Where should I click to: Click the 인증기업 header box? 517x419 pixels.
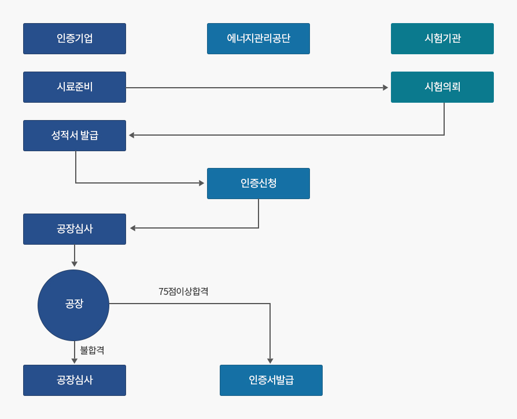point(75,39)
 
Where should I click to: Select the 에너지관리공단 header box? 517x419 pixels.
point(258,39)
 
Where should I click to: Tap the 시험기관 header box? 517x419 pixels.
point(442,39)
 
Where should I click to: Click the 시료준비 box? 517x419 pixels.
point(75,87)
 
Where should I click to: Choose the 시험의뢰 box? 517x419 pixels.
point(442,87)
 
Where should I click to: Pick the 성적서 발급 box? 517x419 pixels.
point(75,136)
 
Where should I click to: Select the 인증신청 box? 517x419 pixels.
point(258,184)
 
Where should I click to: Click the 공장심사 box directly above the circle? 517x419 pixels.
point(75,229)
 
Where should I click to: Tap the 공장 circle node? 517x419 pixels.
point(73,305)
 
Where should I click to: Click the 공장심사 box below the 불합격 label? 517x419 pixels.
point(75,380)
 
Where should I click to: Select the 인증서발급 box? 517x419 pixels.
point(271,380)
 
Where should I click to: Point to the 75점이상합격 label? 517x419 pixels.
point(183,291)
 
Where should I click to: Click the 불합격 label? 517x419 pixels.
point(92,350)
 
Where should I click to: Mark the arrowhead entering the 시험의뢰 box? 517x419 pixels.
point(385,88)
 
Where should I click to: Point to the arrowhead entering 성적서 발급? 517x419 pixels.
point(131,135)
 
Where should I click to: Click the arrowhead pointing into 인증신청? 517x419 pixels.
point(202,183)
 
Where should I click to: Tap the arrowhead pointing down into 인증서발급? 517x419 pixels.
point(270,361)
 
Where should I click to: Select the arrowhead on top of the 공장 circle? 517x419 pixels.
point(75,264)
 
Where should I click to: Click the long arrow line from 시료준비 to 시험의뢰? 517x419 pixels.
point(254,88)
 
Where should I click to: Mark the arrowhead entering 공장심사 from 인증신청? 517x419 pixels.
point(132,228)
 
